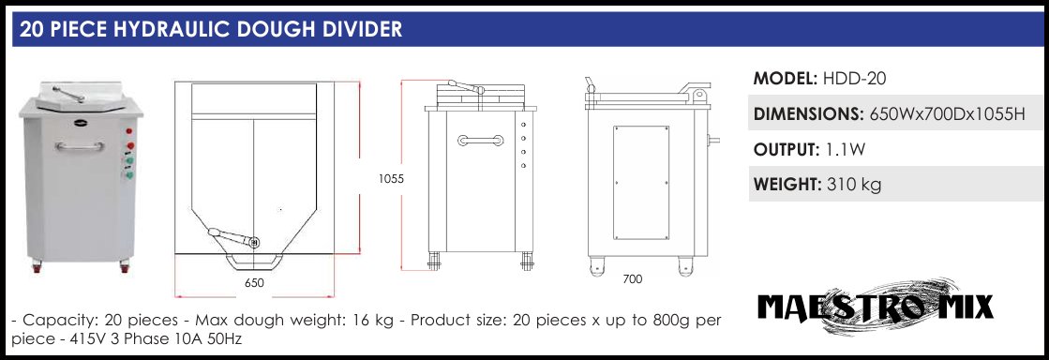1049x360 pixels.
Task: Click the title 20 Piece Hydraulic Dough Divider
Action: [211, 29]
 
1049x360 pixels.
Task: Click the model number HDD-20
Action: [854, 79]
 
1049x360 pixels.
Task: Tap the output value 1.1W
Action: [847, 150]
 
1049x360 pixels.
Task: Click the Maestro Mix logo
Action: [875, 307]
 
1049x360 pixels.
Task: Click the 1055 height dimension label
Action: [391, 179]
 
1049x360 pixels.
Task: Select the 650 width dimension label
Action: [254, 283]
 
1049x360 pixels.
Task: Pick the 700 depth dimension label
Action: [632, 279]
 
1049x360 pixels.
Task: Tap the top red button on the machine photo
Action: [129, 132]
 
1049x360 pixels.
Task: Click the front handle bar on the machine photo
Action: [81, 146]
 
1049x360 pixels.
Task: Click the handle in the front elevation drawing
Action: [480, 140]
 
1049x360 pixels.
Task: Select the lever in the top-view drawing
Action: [233, 236]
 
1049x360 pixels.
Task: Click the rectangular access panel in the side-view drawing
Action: [641, 183]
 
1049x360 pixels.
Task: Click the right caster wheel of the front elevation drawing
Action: [527, 260]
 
